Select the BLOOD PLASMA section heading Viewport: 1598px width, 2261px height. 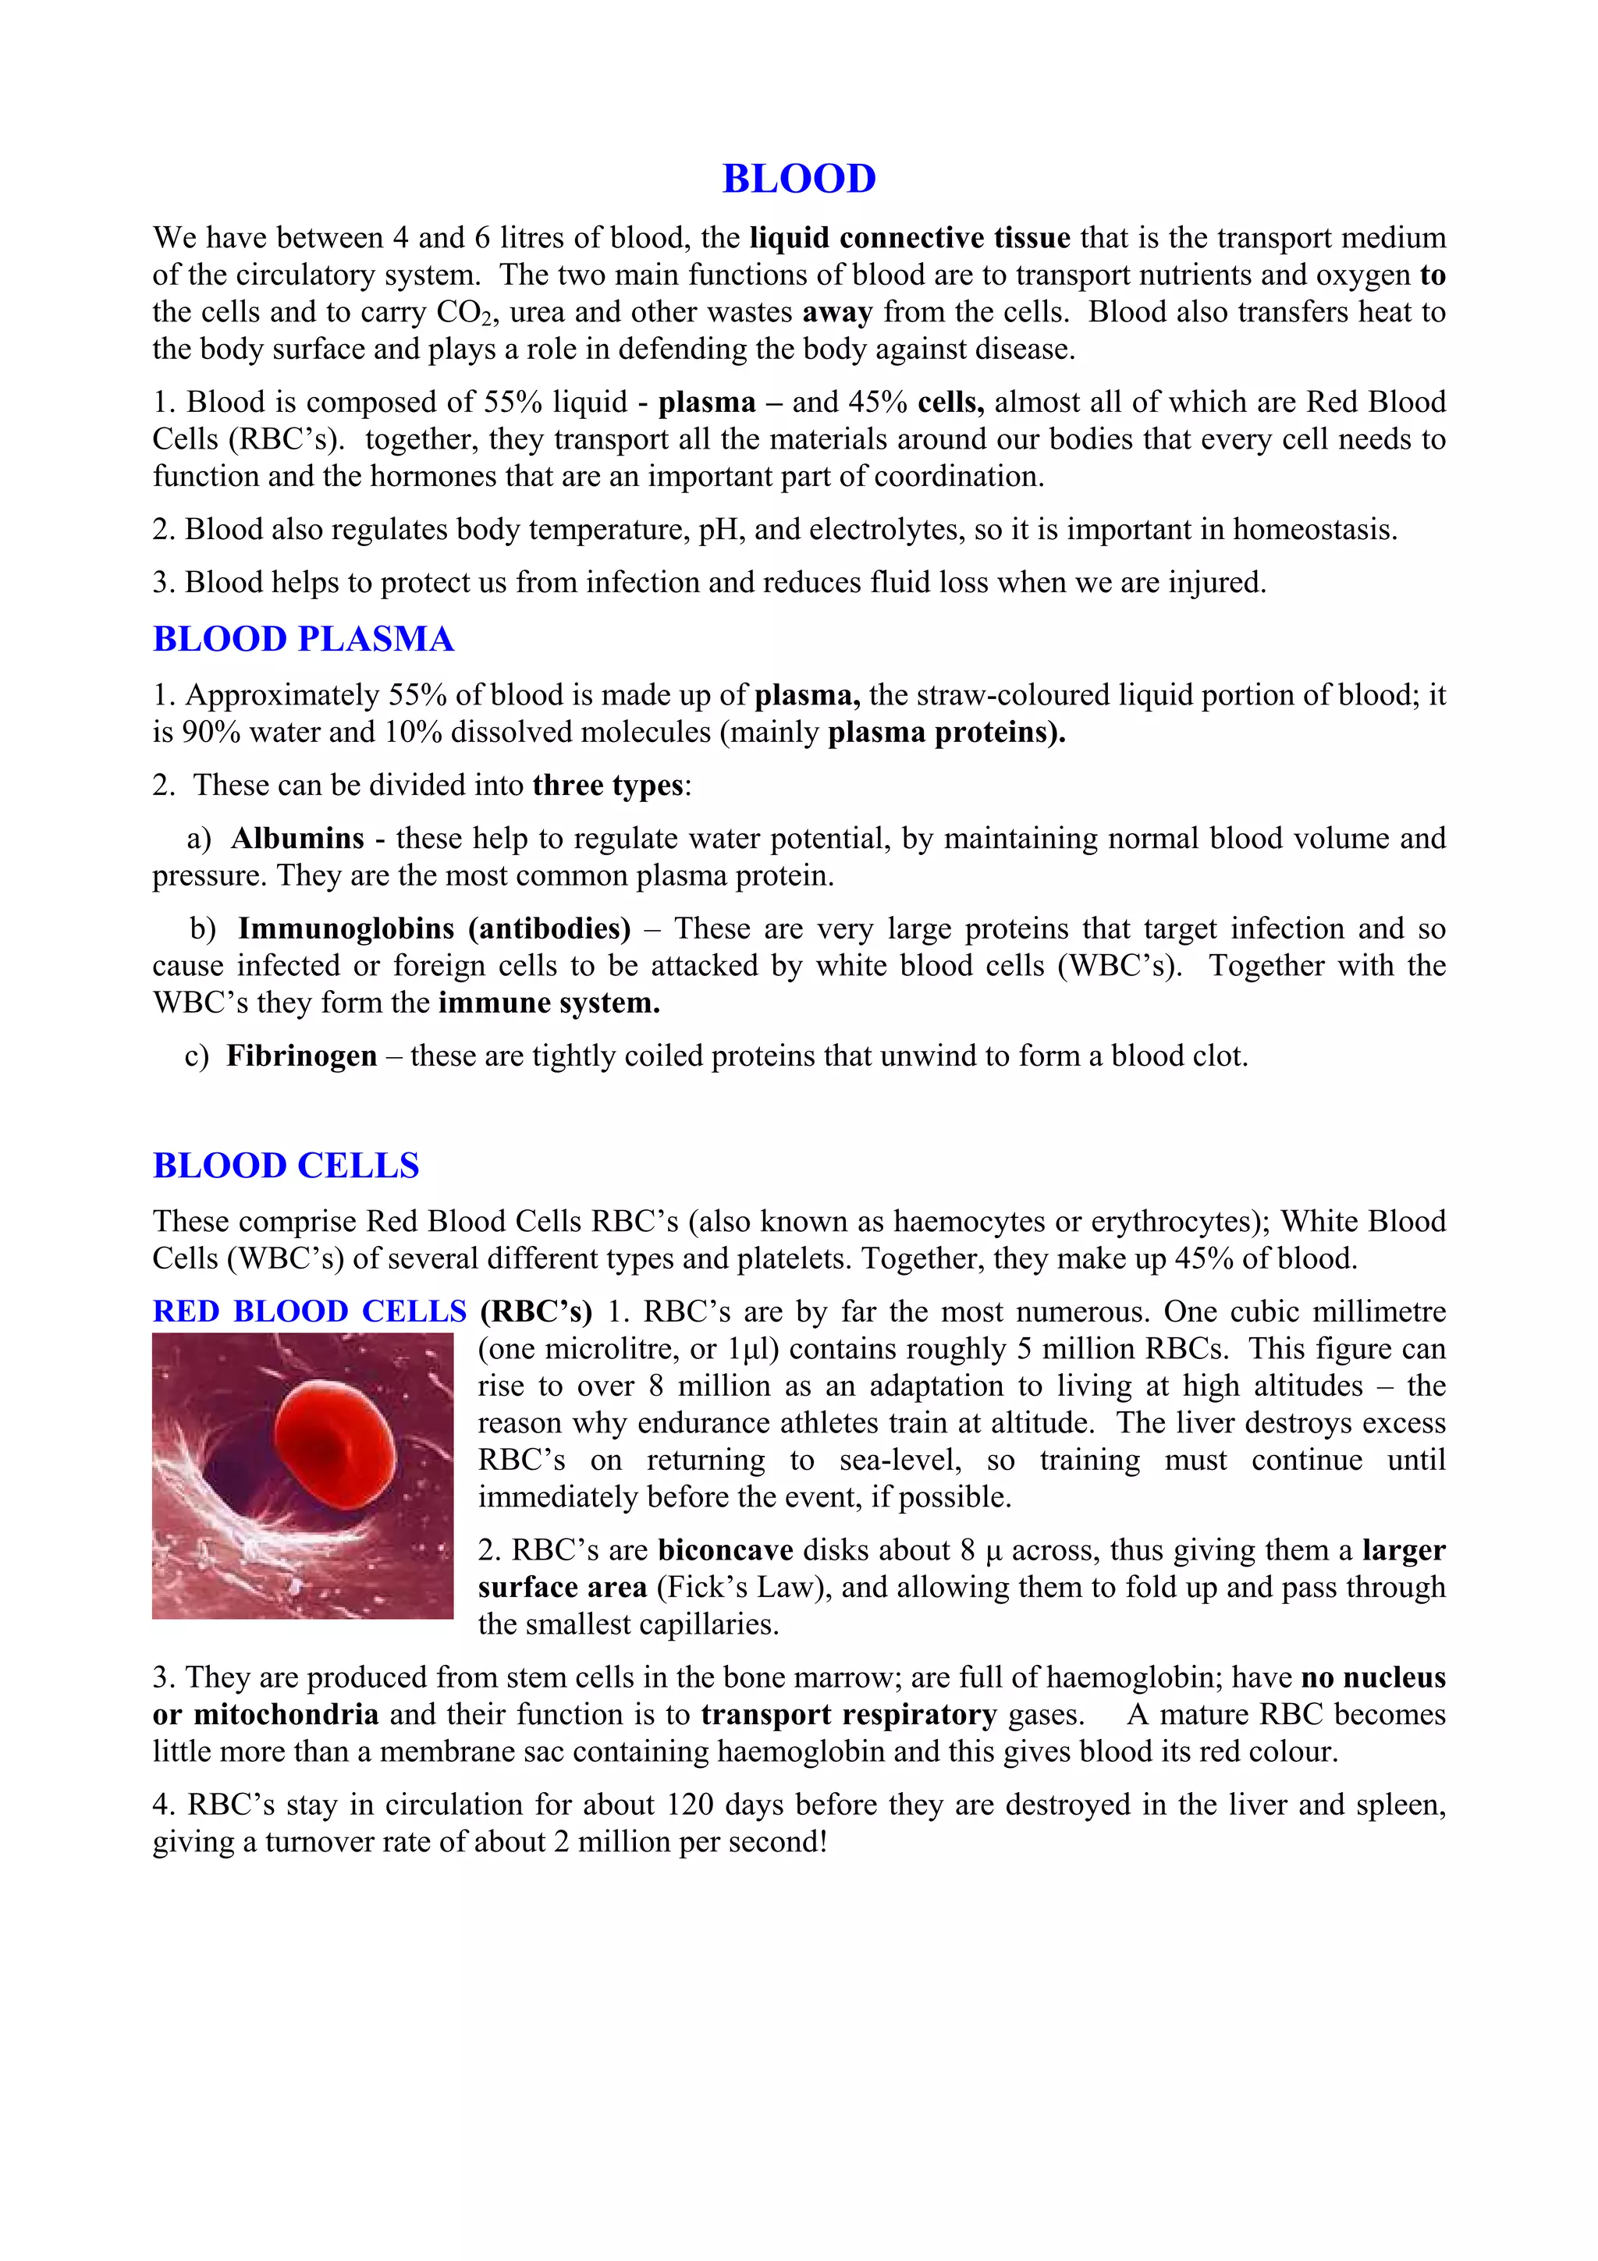point(304,639)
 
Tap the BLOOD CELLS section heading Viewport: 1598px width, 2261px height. point(286,1166)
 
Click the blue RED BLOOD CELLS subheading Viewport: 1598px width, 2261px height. point(309,1312)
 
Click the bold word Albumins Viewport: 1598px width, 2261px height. point(297,838)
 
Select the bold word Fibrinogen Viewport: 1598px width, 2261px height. point(301,1056)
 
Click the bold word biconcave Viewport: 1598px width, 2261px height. point(726,1550)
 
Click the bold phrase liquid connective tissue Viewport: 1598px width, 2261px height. point(910,238)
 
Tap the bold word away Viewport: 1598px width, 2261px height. point(837,312)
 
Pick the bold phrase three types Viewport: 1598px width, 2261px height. point(608,785)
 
